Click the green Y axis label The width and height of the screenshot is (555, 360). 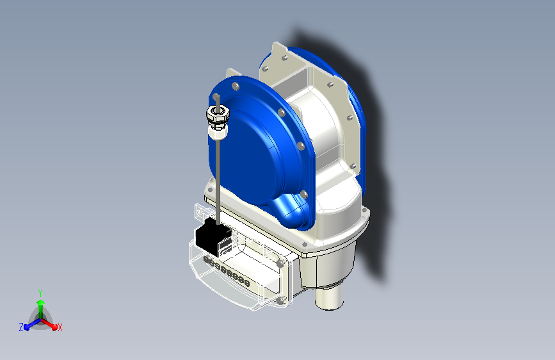(40, 293)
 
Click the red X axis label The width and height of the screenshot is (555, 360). (60, 328)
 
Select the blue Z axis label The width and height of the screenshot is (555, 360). (21, 327)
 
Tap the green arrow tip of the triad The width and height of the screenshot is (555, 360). (41, 303)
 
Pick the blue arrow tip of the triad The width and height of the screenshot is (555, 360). (27, 327)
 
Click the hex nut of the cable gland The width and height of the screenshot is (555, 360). (218, 113)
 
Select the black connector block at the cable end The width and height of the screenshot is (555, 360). (213, 237)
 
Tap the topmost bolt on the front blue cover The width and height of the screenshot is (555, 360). (236, 86)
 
